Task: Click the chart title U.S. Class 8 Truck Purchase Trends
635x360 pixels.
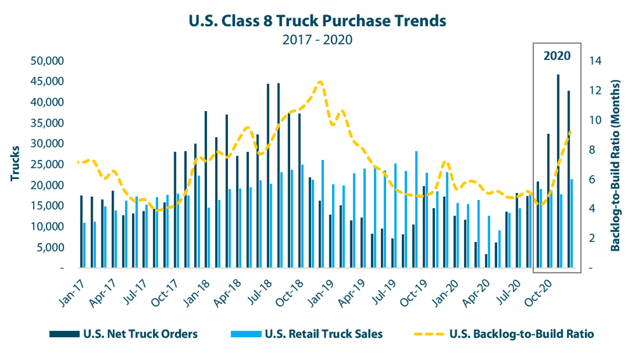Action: click(x=317, y=20)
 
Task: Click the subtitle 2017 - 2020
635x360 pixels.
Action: click(x=317, y=39)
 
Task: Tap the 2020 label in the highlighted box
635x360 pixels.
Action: click(x=557, y=55)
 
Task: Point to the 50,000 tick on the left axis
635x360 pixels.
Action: click(x=47, y=61)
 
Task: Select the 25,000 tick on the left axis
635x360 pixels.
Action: click(x=47, y=164)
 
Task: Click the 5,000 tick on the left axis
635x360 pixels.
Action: click(x=50, y=247)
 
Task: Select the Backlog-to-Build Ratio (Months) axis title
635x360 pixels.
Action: click(x=616, y=164)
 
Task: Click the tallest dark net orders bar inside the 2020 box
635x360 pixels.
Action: click(x=558, y=171)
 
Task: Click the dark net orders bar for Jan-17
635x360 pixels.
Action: click(x=81, y=232)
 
